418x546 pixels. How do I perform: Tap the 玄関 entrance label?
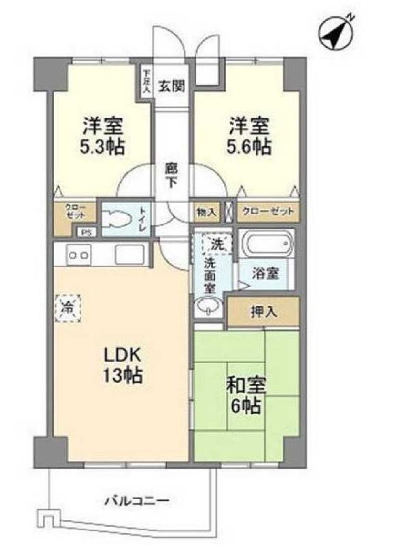pos(171,87)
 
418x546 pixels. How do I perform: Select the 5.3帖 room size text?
pos(104,146)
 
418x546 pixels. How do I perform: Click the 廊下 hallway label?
pos(171,175)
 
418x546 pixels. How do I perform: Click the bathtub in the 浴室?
pos(266,245)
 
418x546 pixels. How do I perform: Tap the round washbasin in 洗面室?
pos(208,308)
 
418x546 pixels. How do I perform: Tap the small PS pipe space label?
pos(86,232)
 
